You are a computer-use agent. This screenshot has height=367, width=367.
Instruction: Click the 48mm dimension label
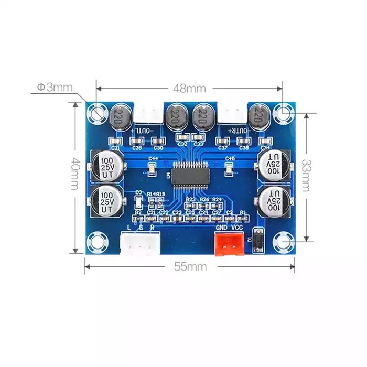click(x=189, y=88)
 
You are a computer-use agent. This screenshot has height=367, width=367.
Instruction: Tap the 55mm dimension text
click(x=190, y=266)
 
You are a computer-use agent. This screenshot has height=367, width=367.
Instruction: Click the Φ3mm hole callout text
click(x=55, y=87)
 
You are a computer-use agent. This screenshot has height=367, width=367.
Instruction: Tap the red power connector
click(x=230, y=244)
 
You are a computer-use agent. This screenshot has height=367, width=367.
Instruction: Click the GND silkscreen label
click(x=222, y=228)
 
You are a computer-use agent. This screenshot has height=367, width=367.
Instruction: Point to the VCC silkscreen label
click(x=238, y=228)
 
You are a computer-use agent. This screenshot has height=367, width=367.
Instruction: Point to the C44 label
click(x=154, y=158)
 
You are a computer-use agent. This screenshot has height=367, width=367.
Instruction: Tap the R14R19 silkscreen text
click(x=156, y=194)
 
